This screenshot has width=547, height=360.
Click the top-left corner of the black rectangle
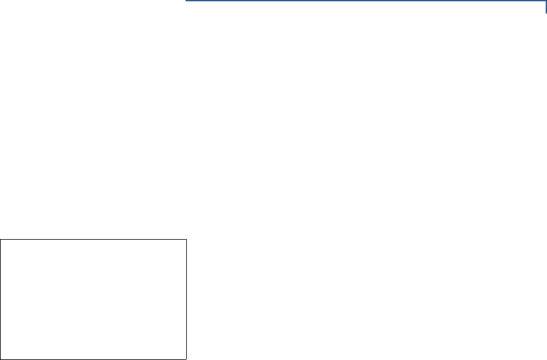point(1,240)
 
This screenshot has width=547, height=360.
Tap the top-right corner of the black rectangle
point(186,240)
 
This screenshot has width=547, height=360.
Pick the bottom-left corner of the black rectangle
point(1,359)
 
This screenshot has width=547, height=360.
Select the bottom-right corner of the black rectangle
point(186,359)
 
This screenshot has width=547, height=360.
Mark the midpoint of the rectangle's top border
point(94,240)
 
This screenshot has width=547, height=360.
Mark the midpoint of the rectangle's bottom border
point(94,359)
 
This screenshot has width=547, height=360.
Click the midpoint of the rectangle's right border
point(186,299)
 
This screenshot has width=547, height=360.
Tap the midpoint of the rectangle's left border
point(1,299)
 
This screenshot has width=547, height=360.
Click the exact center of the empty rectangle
point(94,299)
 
